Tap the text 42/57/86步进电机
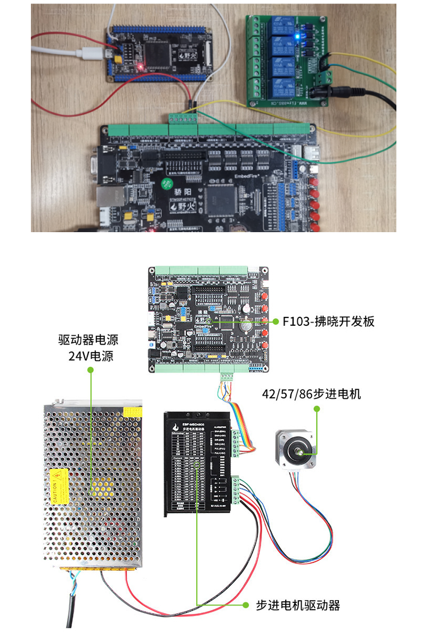(x=311, y=394)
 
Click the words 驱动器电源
(x=88, y=340)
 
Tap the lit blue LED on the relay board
(x=297, y=36)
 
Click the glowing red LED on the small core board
(x=140, y=67)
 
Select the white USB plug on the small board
(x=93, y=53)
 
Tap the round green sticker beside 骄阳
(x=166, y=183)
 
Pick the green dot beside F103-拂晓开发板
(x=276, y=322)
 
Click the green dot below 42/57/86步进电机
(x=317, y=409)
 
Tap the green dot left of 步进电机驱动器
(x=246, y=605)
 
